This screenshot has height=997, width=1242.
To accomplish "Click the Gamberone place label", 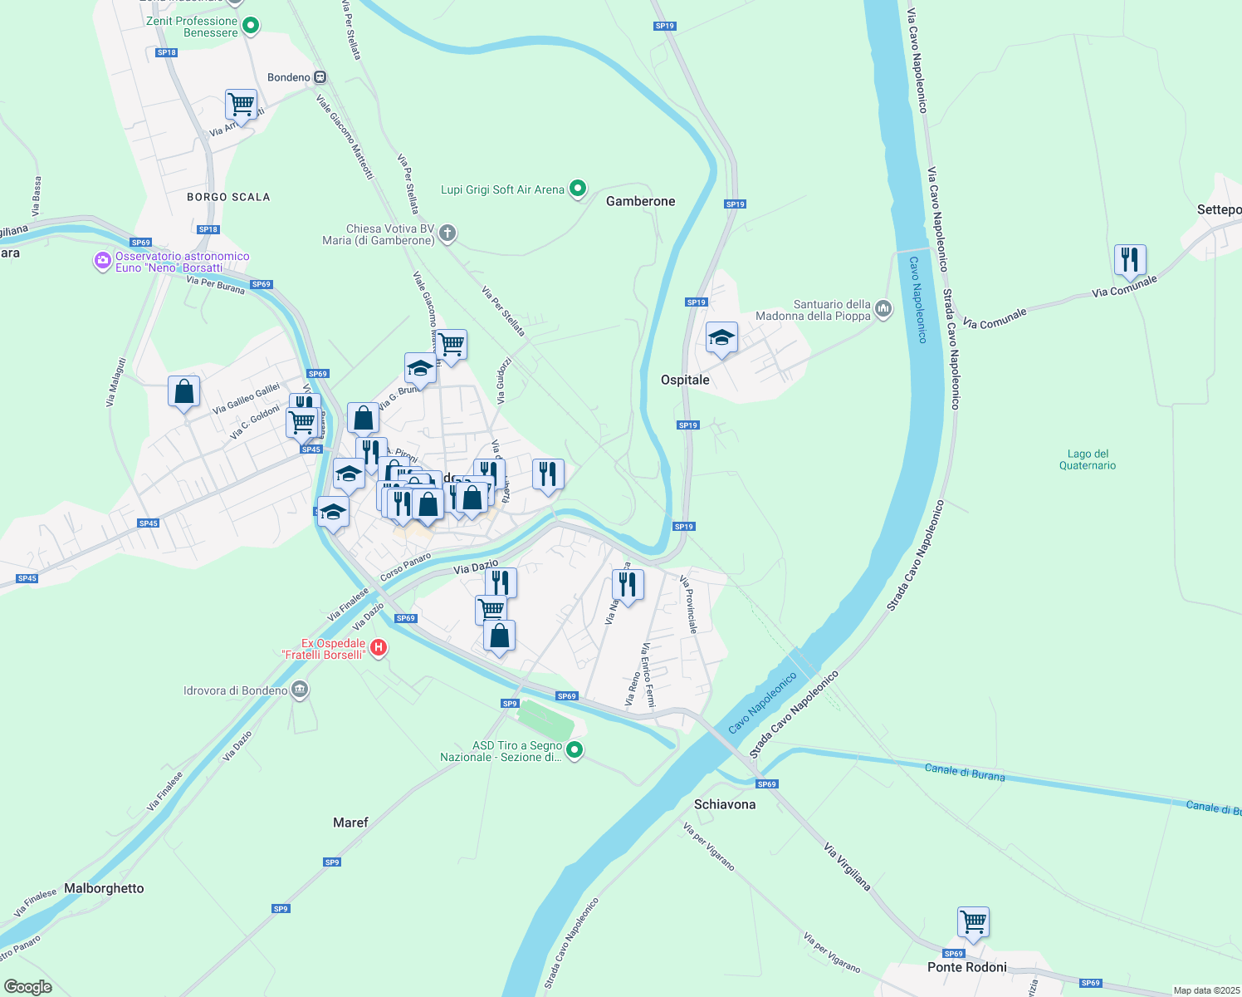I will [x=640, y=201].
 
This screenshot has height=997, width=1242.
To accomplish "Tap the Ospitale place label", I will [x=685, y=380].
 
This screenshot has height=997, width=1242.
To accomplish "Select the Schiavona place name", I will [x=725, y=804].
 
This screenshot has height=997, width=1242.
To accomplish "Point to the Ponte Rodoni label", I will [x=966, y=967].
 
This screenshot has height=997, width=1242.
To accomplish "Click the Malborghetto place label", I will [x=104, y=888].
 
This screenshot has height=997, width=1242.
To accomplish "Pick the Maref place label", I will [x=350, y=823].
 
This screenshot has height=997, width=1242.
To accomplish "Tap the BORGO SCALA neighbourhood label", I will [x=228, y=197].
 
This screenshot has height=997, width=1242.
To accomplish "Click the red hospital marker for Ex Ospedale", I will [x=379, y=647].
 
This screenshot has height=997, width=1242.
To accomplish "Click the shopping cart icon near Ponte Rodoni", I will [x=973, y=921].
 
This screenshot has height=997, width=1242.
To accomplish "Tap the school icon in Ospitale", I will [x=721, y=338].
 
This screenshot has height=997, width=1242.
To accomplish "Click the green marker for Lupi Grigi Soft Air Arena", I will [x=578, y=189].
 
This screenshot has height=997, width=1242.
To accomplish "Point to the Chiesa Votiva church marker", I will [x=447, y=233].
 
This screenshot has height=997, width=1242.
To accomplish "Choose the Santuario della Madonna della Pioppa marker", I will [x=883, y=310].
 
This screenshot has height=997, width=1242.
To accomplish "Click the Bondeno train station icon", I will [x=320, y=77].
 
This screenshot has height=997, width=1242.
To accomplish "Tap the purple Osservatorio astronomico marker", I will [x=103, y=262].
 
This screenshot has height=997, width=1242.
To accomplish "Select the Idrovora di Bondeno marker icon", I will [x=300, y=690].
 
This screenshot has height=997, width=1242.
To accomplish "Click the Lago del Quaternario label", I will [x=1088, y=459].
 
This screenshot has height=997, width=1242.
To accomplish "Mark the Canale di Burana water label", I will [x=965, y=773].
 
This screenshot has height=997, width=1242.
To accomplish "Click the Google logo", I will [x=28, y=986].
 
